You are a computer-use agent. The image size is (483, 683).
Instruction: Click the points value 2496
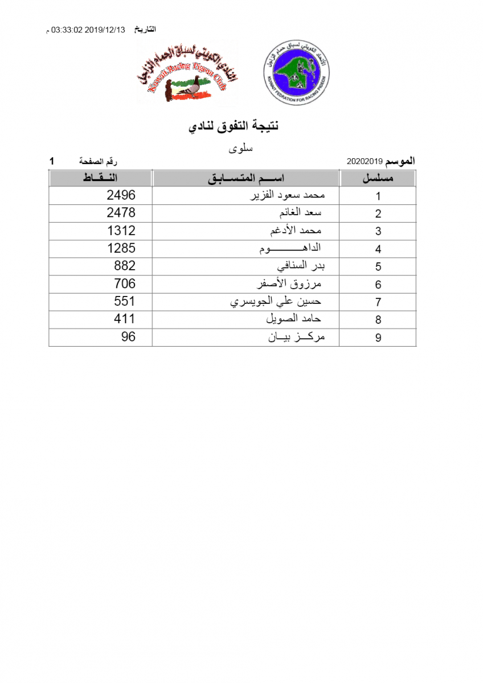121,195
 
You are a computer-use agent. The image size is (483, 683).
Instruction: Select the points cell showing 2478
121,213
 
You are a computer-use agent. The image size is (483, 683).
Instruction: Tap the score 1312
121,231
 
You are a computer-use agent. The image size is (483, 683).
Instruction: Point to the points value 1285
121,248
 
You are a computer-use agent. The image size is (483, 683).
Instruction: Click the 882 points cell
125,266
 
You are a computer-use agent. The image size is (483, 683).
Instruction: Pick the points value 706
125,283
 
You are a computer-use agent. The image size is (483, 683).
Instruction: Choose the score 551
125,301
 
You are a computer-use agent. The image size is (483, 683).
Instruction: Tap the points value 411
125,319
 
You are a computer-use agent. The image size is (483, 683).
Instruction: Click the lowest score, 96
128,336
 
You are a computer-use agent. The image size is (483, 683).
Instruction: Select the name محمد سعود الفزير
288,195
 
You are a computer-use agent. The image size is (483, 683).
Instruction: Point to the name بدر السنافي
300,266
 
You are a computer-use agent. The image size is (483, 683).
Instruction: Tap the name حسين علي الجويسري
276,301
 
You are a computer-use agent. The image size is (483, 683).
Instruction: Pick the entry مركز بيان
296,336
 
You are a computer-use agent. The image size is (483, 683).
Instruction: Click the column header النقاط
100,178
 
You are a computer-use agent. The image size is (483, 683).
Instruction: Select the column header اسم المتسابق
245,178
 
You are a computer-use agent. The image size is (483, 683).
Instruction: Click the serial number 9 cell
378,338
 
